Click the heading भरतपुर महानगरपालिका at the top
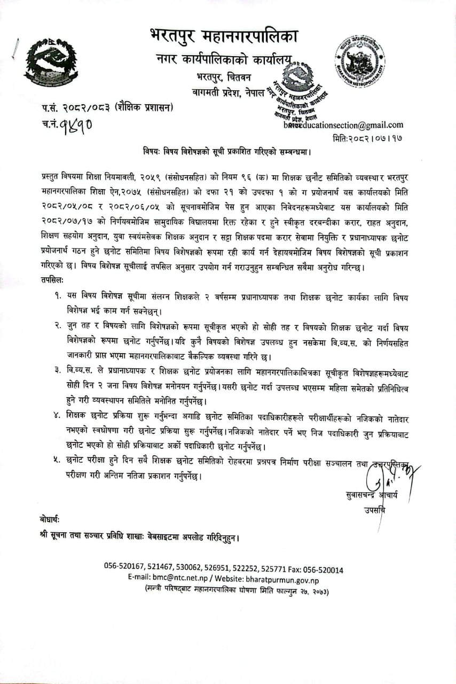coord(224,37)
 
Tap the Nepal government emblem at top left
coord(51,63)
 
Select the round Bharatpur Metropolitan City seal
coord(360,61)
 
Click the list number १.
coord(57,296)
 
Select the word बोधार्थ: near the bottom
coord(50,519)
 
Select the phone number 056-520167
coord(123,570)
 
